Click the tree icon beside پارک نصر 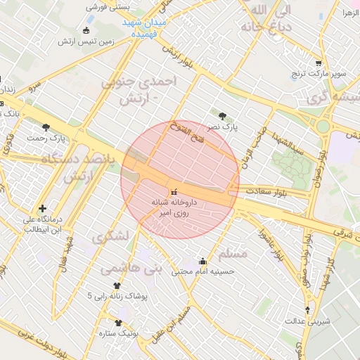[x=223, y=116]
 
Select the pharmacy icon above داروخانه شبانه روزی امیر [x=174, y=191]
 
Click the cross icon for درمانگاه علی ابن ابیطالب [x=44, y=208]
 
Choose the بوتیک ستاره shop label [x=116, y=333]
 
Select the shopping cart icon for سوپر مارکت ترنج [x=319, y=63]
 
